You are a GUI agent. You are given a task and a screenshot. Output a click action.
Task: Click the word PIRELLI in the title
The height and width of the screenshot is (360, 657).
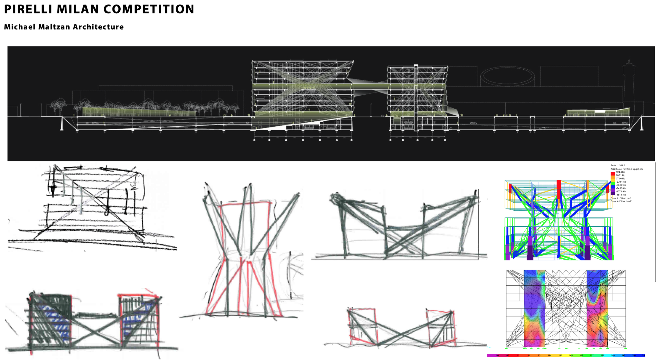coord(28,9)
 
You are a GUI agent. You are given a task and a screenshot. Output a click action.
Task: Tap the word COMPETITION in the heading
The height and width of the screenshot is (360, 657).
coord(149,9)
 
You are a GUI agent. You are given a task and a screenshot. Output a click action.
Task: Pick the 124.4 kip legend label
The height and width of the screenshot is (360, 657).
coord(620,172)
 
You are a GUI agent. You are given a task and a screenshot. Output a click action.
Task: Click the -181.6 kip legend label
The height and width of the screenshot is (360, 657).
coord(621,195)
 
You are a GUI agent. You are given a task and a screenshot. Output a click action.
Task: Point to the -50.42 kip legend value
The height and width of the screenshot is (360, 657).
coord(621,185)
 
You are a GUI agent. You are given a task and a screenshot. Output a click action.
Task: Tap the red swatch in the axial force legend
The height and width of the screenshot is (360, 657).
coord(612,174)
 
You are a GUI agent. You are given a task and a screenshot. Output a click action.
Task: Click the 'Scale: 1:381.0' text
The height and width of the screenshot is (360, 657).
coord(618,166)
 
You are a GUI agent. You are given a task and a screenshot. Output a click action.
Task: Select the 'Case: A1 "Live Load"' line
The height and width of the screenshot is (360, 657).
coord(621,201)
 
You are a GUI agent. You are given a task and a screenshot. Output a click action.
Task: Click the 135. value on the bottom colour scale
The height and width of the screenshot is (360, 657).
coord(560,356)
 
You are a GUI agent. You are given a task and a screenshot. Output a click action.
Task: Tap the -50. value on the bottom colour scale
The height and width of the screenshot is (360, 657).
coord(497,356)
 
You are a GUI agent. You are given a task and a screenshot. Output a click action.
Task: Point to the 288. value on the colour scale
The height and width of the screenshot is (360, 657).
coord(613,356)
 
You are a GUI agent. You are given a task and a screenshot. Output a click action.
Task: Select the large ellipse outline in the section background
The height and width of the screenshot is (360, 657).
coord(507,75)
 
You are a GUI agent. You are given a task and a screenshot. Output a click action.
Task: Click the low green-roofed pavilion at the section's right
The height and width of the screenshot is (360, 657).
coord(598,112)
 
